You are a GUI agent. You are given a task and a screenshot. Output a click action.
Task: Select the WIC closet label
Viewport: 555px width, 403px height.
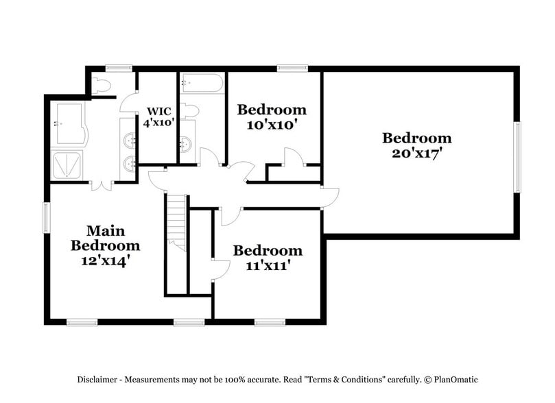158,111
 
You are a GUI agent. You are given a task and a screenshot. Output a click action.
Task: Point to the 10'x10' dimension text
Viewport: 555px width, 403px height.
271,125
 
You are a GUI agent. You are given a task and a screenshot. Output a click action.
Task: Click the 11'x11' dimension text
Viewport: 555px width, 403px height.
268,265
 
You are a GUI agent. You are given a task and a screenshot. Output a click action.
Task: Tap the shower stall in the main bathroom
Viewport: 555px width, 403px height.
69,164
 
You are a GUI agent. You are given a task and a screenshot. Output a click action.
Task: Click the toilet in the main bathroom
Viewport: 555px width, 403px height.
102,86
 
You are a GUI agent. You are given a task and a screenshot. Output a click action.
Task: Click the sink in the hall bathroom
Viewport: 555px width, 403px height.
186,145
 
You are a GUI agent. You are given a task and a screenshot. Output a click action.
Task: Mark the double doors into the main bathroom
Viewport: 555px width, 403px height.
102,184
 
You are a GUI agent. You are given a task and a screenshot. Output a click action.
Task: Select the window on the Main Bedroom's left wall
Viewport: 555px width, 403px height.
47,219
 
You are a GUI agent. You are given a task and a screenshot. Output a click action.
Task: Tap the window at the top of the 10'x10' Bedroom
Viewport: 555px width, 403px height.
287,68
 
